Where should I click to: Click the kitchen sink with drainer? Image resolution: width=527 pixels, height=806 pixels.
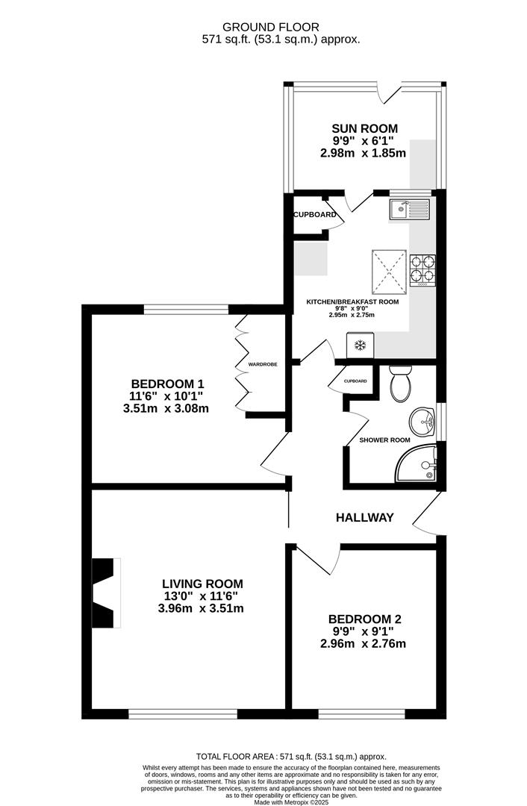pos(409,209)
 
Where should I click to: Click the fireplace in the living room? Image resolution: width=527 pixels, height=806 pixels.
pos(105,594)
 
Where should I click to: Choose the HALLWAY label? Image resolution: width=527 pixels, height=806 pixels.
pos(364,517)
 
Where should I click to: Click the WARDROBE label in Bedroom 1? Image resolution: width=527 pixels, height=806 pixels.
pos(263,364)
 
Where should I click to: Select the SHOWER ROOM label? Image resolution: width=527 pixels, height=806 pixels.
pos(384,440)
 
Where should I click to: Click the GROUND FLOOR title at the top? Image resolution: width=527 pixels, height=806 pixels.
pos(281,27)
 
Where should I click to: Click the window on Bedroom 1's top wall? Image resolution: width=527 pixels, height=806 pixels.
pos(186,308)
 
